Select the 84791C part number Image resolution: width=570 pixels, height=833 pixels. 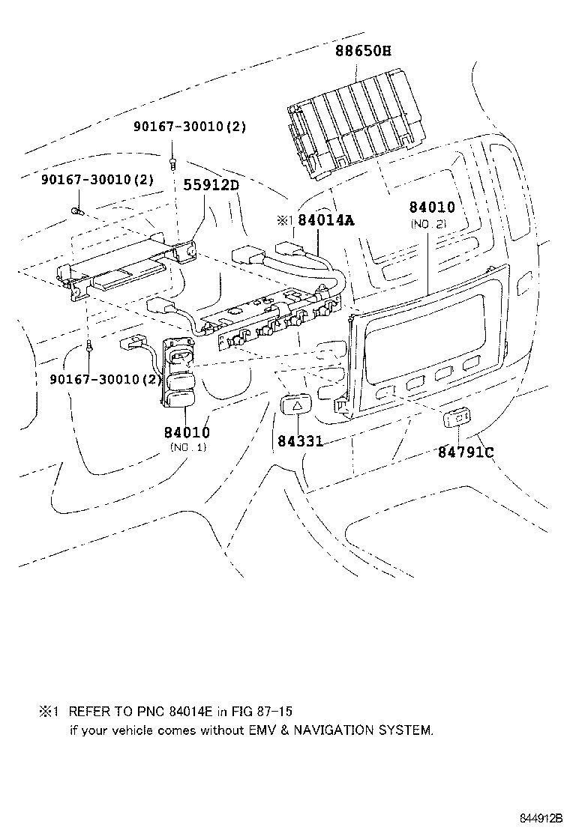click(x=466, y=452)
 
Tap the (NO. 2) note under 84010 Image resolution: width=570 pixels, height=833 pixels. click(x=427, y=224)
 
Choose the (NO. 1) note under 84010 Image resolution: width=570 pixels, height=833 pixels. click(x=187, y=447)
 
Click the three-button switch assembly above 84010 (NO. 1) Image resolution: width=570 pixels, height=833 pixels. click(x=179, y=373)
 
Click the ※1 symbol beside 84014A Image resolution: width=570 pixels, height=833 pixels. click(x=284, y=221)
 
